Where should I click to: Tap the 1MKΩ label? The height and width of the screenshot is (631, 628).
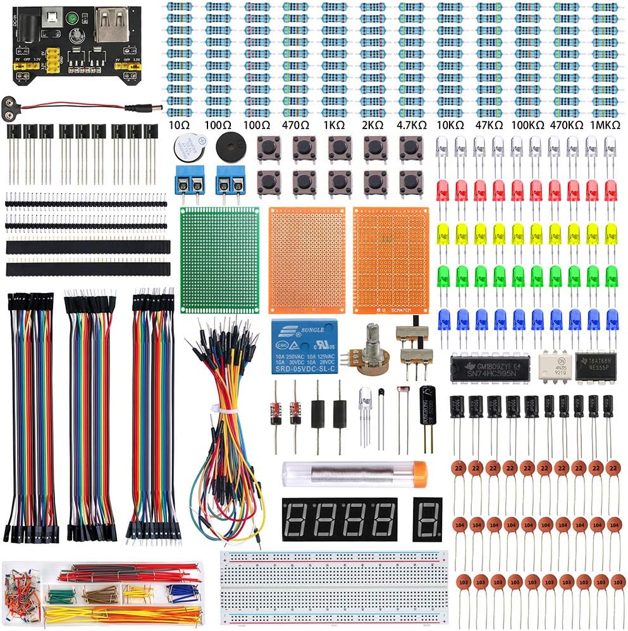tap(605, 125)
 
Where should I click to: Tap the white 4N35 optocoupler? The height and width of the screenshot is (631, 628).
tap(555, 366)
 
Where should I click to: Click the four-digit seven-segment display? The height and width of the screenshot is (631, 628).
tap(340, 518)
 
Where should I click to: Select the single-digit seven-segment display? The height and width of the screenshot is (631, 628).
tap(428, 518)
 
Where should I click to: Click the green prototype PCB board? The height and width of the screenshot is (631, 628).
tap(220, 259)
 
